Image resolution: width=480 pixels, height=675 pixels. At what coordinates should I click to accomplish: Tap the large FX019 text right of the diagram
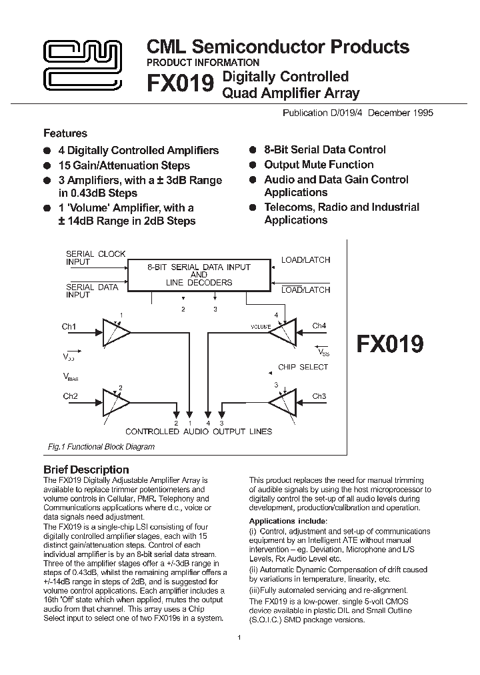pyautogui.click(x=390, y=344)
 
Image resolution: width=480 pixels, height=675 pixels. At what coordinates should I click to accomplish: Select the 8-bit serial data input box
pyautogui.click(x=199, y=275)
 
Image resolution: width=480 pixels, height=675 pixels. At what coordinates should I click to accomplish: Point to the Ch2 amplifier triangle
pyautogui.click(x=115, y=403)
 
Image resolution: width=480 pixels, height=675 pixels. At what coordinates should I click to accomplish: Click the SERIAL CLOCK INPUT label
pyautogui.click(x=95, y=258)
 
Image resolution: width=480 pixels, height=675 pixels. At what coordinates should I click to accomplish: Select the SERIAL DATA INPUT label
pyautogui.click(x=91, y=291)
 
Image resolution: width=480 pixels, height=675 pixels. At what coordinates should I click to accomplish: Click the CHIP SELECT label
pyautogui.click(x=303, y=367)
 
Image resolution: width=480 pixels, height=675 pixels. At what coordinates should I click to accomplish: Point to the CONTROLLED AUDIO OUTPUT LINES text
pyautogui.click(x=199, y=432)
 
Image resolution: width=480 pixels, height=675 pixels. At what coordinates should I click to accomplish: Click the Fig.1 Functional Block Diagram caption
pyautogui.click(x=101, y=447)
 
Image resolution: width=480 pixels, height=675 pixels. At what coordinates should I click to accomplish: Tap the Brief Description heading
pyautogui.click(x=86, y=469)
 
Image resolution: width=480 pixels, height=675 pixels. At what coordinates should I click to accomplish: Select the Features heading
pyautogui.click(x=65, y=133)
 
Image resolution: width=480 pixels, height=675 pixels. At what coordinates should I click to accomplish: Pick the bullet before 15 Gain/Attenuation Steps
pyautogui.click(x=47, y=166)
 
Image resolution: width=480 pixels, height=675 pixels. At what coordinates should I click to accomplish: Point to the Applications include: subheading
pyautogui.click(x=288, y=521)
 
